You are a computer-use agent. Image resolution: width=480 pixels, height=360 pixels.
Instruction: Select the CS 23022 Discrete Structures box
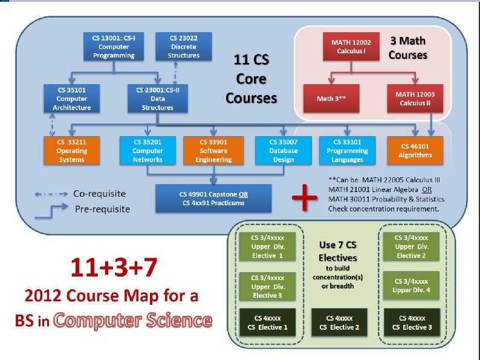(184, 47)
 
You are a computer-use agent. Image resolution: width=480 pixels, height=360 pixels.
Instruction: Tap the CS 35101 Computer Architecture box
(72, 99)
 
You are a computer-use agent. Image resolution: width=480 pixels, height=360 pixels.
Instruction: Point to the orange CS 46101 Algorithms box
(415, 151)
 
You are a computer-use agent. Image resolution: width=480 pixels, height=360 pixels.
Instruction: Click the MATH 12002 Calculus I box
(351, 47)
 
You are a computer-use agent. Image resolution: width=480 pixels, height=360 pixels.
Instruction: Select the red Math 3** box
(331, 99)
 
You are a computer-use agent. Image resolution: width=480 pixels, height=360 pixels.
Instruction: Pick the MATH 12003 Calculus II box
(415, 99)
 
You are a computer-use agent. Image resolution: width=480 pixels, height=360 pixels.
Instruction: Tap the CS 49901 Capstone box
(213, 198)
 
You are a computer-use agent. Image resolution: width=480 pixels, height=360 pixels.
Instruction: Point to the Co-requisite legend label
(100, 194)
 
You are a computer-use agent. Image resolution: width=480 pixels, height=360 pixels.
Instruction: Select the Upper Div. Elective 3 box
(268, 286)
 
